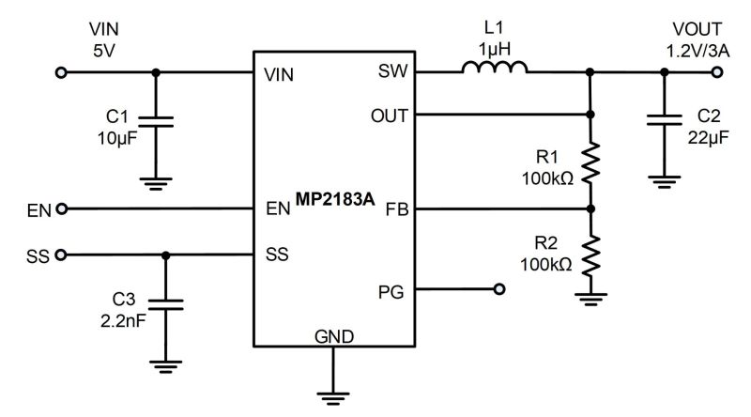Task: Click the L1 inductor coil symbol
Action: (495, 67)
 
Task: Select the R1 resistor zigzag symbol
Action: (590, 162)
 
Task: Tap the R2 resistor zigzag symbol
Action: (590, 255)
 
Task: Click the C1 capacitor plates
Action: (156, 121)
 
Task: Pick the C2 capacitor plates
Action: (665, 120)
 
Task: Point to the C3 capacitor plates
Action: (166, 305)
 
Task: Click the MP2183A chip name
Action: (335, 199)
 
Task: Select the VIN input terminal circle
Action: (61, 72)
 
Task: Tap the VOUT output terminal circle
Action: (717, 72)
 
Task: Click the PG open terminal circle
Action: (499, 289)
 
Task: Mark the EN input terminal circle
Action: (61, 209)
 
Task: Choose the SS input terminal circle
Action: (60, 255)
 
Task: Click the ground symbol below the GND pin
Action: (333, 399)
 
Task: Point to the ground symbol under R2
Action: (591, 299)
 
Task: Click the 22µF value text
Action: (709, 137)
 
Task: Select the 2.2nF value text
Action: (123, 320)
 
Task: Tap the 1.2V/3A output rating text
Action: (697, 51)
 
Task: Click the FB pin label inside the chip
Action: (397, 209)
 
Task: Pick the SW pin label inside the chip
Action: (392, 71)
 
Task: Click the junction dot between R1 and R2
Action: (590, 209)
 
